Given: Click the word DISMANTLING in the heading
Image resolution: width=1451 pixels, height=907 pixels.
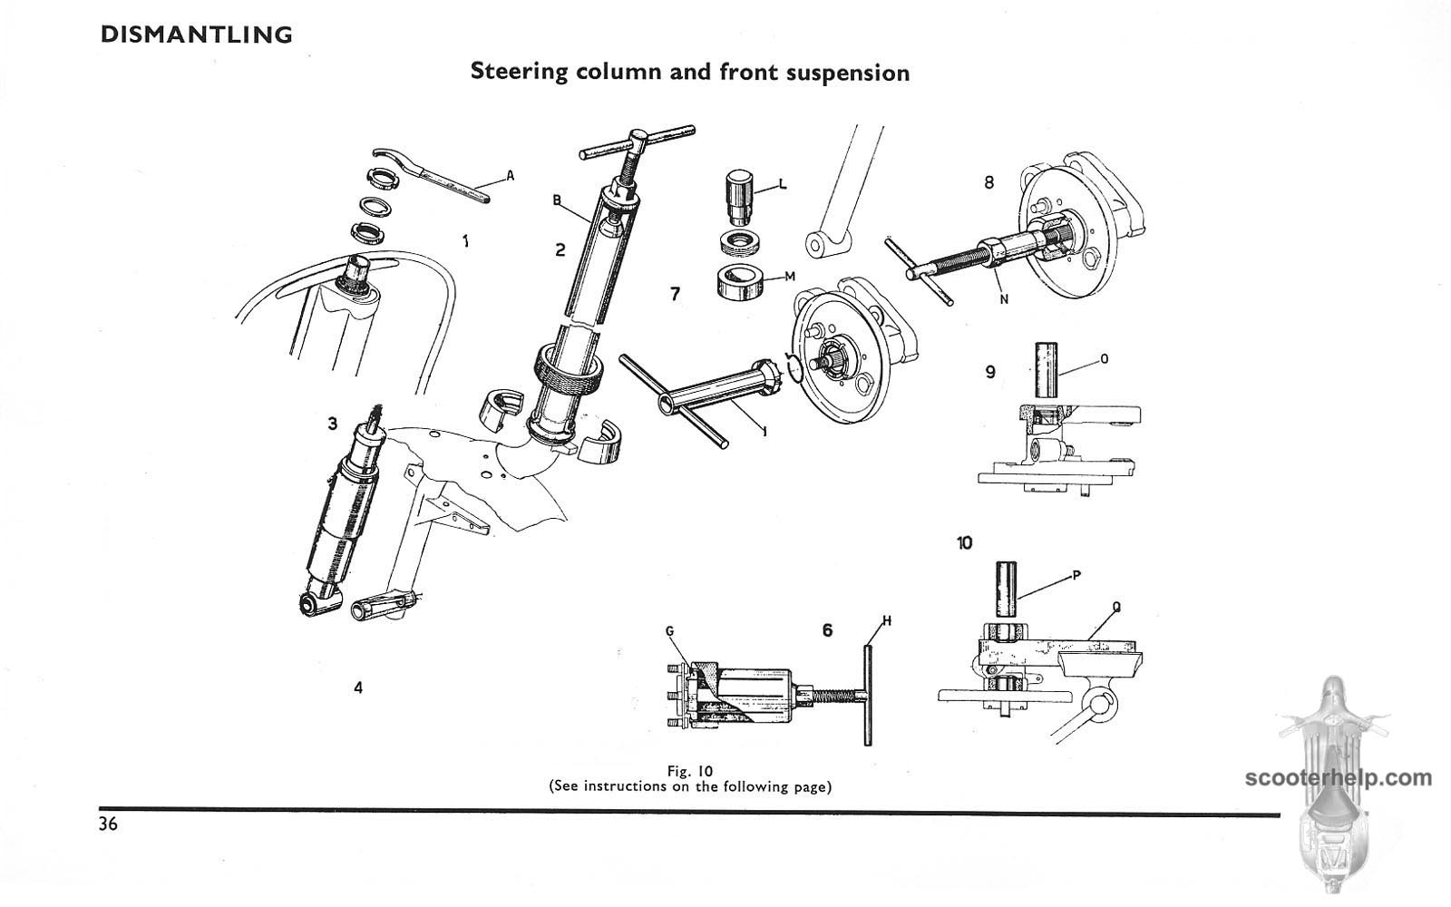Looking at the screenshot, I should [197, 35].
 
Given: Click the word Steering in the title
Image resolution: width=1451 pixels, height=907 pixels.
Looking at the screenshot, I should [518, 72].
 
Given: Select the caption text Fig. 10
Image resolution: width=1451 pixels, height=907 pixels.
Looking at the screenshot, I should [690, 771].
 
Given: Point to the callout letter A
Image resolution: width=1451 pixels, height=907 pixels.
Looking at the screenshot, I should [510, 176].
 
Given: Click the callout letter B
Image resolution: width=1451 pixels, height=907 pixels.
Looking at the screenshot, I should [557, 200].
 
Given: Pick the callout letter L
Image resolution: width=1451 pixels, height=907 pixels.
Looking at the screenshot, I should [783, 185].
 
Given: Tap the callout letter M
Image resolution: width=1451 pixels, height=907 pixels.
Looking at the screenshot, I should [789, 277].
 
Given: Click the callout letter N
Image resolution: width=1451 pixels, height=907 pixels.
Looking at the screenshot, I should [1004, 299].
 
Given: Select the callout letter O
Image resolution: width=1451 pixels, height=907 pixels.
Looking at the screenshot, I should [1104, 359].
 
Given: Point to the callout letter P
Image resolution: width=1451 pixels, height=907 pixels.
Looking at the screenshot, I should [1076, 573].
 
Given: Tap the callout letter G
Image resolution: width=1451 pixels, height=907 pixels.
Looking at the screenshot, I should [669, 630].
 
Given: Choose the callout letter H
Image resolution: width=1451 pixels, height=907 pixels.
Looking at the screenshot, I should [887, 620].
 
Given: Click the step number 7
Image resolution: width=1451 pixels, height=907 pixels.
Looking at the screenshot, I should [674, 294].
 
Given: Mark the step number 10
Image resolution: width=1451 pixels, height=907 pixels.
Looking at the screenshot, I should [964, 542].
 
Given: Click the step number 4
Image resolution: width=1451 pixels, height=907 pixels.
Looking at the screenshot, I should [358, 688].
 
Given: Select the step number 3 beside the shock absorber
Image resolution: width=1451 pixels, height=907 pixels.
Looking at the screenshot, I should [333, 424].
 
